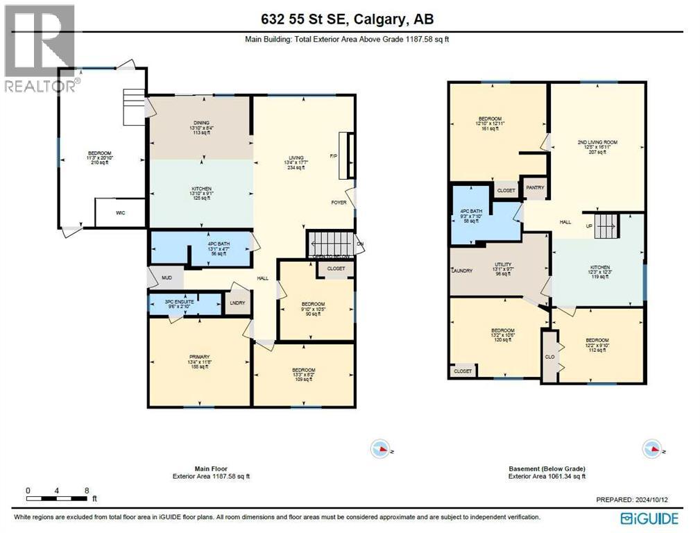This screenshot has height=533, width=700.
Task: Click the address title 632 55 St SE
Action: pos(350,20)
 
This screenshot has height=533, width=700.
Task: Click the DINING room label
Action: pos(201,124)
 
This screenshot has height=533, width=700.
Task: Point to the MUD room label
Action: pos(166,278)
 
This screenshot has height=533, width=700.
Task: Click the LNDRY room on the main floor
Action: pos(237,303)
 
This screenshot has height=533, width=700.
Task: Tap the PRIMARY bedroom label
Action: pos(200,357)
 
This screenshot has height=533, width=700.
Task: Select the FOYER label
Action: pos(339,203)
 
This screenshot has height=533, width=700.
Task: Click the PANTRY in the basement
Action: pos(535,187)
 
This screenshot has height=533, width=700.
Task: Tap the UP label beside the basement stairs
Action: pos(589,226)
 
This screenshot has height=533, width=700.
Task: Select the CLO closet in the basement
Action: pos(549,357)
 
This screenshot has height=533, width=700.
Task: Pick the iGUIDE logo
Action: pos(649,518)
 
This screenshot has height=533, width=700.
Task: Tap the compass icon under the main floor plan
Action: pos(380,449)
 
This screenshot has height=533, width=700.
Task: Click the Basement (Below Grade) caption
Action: pos(546,468)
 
